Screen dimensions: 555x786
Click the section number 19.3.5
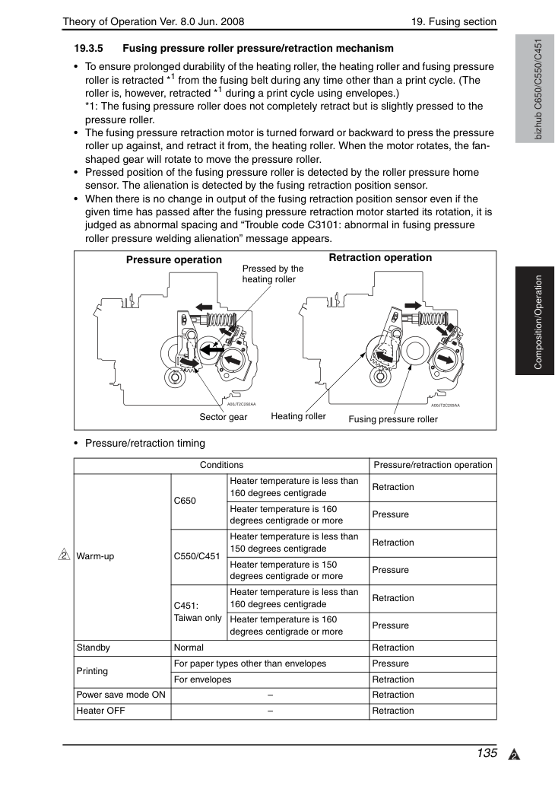88,49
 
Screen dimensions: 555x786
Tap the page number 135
487,753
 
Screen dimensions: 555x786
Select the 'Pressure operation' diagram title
174,259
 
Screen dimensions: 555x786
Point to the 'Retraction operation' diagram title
380,258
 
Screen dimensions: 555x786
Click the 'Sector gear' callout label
224,417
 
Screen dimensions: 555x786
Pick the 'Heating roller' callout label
298,416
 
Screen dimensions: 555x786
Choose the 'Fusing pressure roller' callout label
393,419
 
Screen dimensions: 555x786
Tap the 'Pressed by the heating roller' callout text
273,274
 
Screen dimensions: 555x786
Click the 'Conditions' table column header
221,465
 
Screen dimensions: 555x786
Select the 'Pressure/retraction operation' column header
433,465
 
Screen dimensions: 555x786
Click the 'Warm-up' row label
95,556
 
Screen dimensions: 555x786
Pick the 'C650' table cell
185,501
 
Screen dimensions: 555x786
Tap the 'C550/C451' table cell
197,556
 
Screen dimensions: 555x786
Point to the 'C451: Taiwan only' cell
198,612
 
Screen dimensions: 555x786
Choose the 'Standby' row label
94,648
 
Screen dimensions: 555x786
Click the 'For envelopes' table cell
202,679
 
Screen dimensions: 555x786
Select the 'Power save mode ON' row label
121,695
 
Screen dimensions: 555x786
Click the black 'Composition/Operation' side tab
535,321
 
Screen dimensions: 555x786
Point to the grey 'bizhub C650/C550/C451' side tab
535,89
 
